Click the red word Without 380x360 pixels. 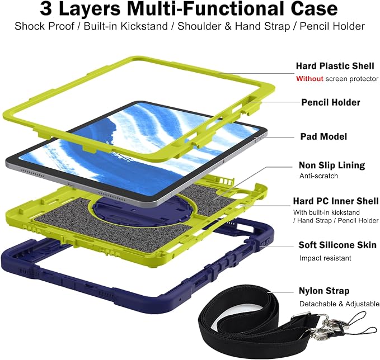309,79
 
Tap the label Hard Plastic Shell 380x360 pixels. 335,66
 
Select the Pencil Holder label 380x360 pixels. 331,102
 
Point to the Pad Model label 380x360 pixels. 323,136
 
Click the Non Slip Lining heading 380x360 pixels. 332,165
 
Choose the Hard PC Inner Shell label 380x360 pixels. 336,201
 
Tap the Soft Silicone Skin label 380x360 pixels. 337,245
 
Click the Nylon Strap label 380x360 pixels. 324,291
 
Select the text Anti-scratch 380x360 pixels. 318,176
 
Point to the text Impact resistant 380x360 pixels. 325,258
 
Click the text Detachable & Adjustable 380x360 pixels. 339,304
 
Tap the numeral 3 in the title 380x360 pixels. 46,9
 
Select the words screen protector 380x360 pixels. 351,79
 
